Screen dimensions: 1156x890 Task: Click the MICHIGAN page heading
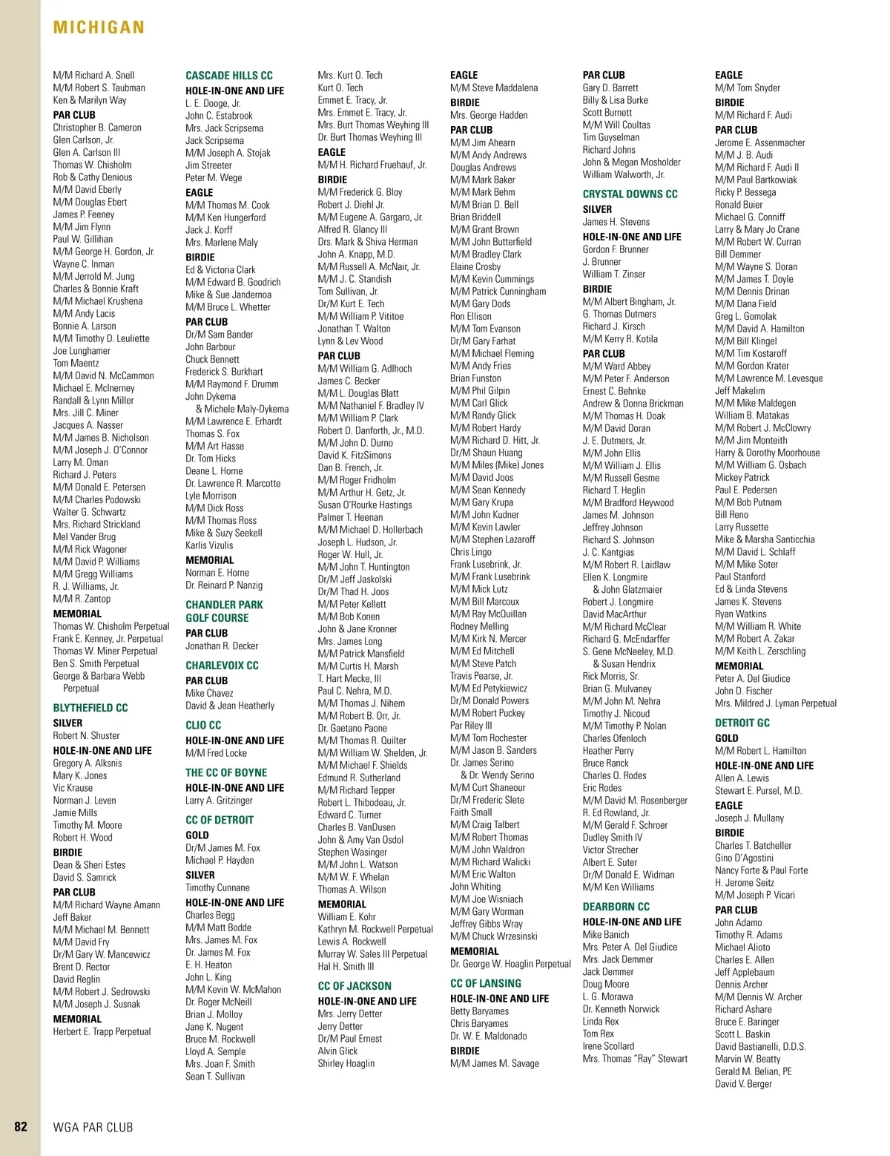[99, 27]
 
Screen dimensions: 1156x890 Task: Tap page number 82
[21, 1126]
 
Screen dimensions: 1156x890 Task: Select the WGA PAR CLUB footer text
[93, 1127]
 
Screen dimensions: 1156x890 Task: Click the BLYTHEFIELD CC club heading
[90, 708]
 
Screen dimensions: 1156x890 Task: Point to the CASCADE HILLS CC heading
[229, 76]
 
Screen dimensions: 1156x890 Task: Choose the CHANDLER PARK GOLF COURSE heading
[224, 611]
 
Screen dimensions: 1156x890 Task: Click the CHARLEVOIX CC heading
[222, 666]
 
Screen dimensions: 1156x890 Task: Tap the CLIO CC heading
[203, 725]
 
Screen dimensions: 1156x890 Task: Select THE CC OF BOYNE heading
[226, 772]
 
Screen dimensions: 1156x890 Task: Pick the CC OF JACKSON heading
[355, 986]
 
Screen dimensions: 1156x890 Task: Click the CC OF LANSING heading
[486, 984]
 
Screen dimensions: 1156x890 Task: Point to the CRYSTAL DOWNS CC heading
[630, 194]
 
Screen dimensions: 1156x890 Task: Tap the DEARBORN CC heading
[616, 907]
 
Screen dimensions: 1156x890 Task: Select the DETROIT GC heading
[742, 723]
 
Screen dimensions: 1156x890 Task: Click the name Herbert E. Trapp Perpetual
[102, 1031]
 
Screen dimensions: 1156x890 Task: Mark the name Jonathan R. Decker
[222, 646]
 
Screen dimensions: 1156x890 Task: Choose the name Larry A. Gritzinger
[219, 801]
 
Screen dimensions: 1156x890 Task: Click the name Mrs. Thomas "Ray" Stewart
[635, 1059]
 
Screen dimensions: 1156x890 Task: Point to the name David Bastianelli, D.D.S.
[760, 1046]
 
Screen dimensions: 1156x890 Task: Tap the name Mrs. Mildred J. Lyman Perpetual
[775, 703]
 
